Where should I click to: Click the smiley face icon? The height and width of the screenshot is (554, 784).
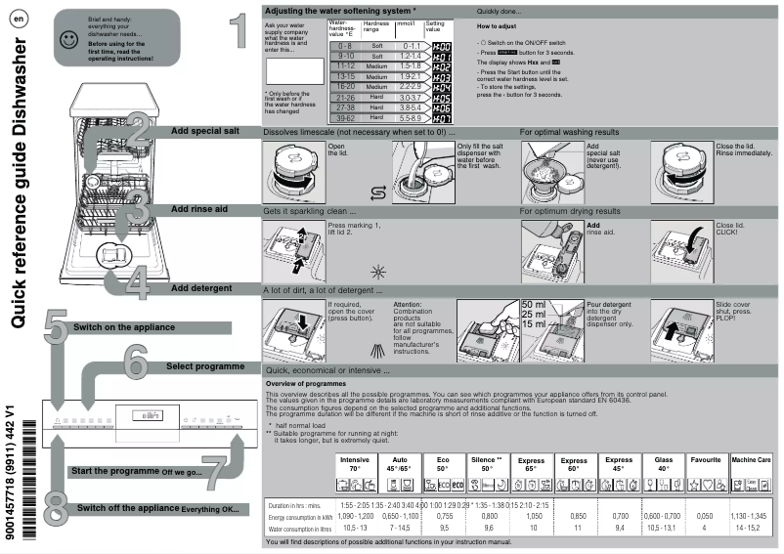coord(66,40)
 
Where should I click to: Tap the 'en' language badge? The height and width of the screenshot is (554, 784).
coord(19,21)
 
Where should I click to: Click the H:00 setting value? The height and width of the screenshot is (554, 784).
coord(441,46)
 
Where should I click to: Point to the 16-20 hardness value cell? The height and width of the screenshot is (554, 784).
coord(343,86)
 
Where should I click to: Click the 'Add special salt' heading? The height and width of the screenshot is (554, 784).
coord(204,130)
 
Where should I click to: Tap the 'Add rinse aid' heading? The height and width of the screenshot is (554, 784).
coord(199,208)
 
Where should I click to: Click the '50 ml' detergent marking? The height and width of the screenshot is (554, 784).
coord(534,305)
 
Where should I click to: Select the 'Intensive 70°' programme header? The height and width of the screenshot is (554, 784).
coord(355,463)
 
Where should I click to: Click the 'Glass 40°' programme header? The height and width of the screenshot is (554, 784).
coord(663,463)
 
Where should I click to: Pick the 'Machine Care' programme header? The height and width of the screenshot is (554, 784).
coord(751,459)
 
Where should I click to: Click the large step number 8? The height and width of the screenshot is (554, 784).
coord(57,508)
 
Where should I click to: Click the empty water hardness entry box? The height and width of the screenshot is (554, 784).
coord(293,71)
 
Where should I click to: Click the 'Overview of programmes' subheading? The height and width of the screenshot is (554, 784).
coord(305,384)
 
